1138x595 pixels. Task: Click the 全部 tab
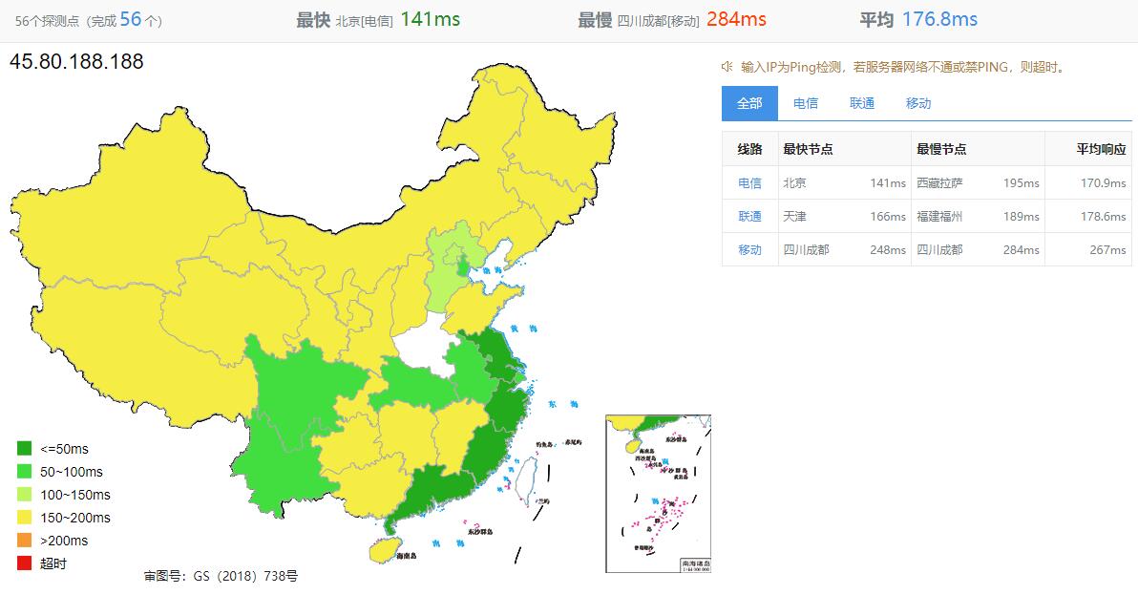coord(749,103)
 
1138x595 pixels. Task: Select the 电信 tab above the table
coord(806,103)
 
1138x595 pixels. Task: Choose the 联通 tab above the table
coord(862,103)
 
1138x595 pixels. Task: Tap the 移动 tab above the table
coord(918,103)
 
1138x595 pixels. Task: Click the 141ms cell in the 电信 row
coord(888,183)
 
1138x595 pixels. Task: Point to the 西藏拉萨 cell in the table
coord(940,183)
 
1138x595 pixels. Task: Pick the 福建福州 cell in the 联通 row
coord(940,217)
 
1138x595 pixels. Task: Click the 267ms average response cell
coord(1107,250)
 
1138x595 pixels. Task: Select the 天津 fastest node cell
coord(794,217)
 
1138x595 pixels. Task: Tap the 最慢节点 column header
coord(941,149)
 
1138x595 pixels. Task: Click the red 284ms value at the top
coord(736,19)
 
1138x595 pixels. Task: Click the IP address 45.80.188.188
coord(76,62)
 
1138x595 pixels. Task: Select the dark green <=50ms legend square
coord(24,449)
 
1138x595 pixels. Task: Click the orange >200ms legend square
coord(24,541)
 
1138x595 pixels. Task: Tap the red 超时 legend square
coord(24,563)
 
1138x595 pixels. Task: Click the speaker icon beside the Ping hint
coord(727,67)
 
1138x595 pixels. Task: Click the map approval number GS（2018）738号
coord(221,577)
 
